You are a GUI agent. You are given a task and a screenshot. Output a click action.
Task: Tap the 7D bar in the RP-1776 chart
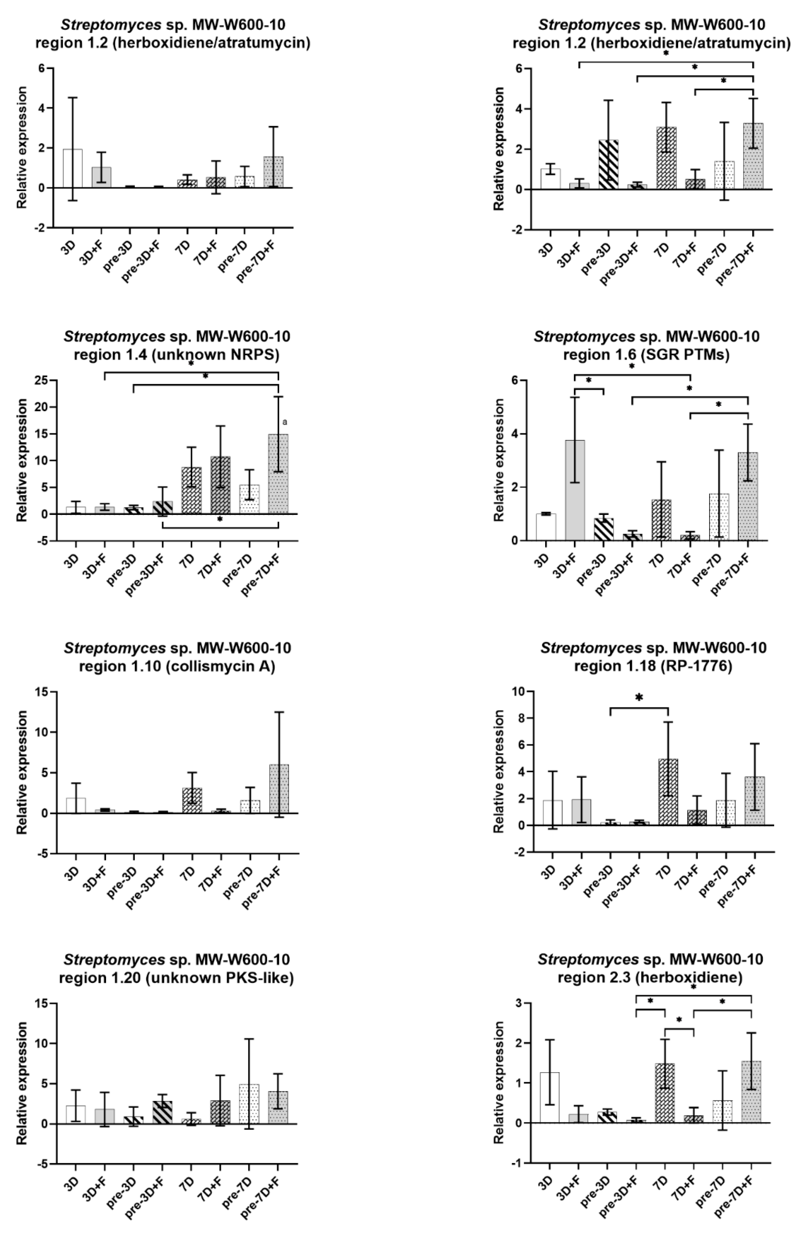pyautogui.click(x=668, y=792)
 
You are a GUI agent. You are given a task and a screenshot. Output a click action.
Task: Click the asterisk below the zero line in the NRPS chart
pyautogui.click(x=220, y=520)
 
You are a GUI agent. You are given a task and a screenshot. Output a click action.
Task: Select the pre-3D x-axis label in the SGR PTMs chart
pyautogui.click(x=593, y=571)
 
